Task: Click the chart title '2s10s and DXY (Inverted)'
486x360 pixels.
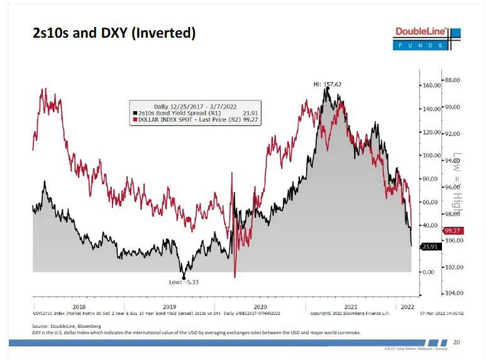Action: tap(114, 33)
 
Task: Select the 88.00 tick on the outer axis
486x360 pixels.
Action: tap(453, 80)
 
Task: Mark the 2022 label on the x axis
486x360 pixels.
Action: tap(407, 306)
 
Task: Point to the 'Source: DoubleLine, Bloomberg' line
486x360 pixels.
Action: tap(67, 326)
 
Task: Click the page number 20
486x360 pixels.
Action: tap(456, 342)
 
